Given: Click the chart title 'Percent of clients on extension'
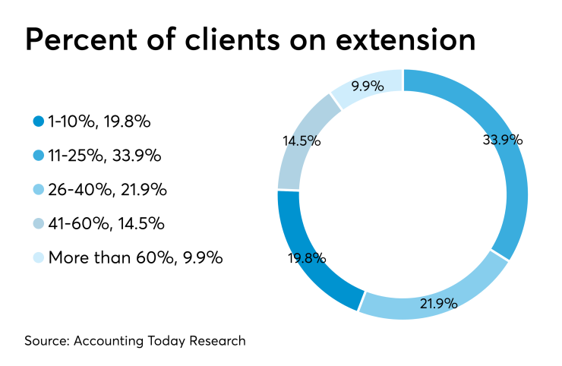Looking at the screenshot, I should [250, 40].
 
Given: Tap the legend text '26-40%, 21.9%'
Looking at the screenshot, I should [107, 189].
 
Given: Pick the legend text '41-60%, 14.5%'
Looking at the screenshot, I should [106, 223].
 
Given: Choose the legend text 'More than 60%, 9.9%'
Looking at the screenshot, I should [135, 257].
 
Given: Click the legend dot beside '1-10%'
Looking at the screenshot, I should [39, 121].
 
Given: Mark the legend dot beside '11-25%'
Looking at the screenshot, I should [39, 155].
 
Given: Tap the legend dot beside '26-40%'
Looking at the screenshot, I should [39, 189].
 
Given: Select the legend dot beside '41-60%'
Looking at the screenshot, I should [39, 223].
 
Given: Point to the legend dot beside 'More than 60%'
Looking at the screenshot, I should [39, 257].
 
